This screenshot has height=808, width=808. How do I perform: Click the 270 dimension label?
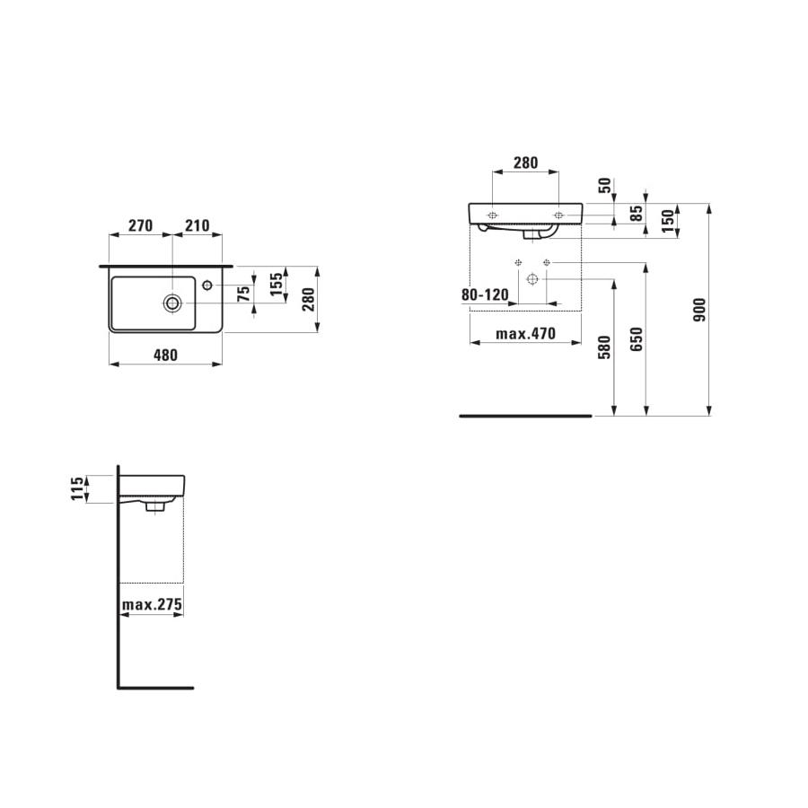[x=140, y=224]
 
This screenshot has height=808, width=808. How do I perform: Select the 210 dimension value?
[x=198, y=224]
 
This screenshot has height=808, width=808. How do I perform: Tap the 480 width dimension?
[x=164, y=355]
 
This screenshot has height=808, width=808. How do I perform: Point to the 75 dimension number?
[x=243, y=295]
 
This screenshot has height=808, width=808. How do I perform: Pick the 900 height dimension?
[x=701, y=310]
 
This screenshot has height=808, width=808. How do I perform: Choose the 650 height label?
[x=637, y=339]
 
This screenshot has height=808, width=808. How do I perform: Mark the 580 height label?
[x=604, y=347]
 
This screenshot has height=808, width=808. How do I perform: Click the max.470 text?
[x=527, y=334]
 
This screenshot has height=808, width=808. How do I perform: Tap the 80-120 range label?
[x=485, y=294]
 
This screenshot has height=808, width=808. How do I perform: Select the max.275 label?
[x=152, y=605]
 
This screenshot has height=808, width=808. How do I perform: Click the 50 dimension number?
[x=605, y=187]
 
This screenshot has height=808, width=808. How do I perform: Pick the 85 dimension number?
[x=637, y=213]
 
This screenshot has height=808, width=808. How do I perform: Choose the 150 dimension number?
[x=668, y=221]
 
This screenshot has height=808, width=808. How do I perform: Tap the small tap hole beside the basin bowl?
[x=207, y=285]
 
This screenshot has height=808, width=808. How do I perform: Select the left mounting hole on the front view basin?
[x=493, y=215]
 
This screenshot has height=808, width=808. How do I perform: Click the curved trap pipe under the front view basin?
[x=539, y=234]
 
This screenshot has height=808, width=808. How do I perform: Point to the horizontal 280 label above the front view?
[x=525, y=163]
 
